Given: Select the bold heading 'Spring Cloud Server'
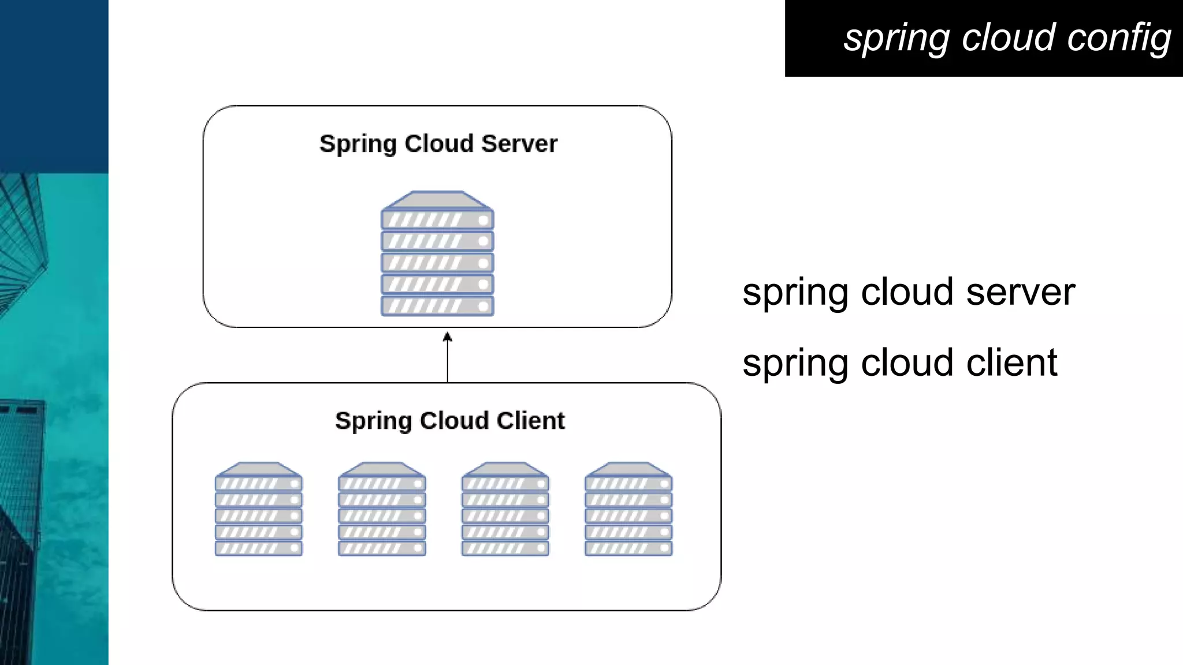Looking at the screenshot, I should [x=438, y=144].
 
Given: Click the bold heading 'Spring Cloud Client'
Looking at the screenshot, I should [x=449, y=421].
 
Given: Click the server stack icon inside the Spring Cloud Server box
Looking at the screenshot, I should [x=437, y=254].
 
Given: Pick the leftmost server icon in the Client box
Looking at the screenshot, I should [x=258, y=509].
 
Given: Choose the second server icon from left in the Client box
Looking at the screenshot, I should [x=382, y=509].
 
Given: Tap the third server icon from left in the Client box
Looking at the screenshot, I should [x=505, y=509].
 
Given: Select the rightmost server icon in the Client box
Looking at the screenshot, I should [x=628, y=509].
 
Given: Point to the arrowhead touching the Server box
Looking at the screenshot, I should [x=447, y=336].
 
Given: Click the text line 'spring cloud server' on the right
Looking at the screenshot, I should [x=908, y=292].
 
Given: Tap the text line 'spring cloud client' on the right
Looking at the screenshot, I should [x=899, y=363].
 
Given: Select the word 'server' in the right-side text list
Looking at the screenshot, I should [x=1020, y=292].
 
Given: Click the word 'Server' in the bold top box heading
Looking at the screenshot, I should [x=519, y=144].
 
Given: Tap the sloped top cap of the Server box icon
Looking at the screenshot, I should [x=437, y=200].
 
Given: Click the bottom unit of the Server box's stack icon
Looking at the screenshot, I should [x=437, y=305].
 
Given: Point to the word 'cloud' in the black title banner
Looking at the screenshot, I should [x=1008, y=38].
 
